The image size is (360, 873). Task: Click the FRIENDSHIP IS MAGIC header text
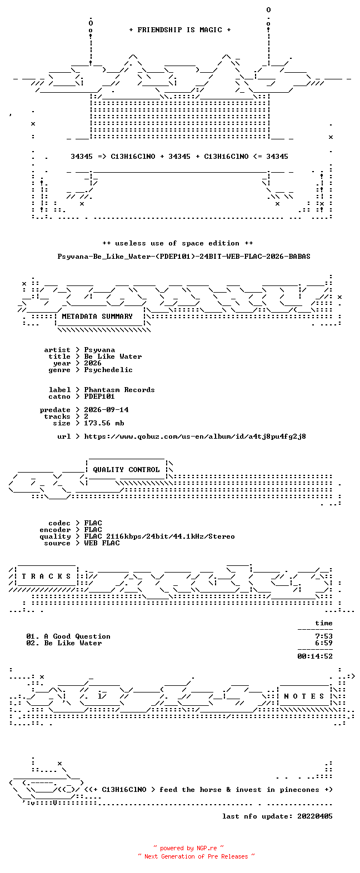coord(180,30)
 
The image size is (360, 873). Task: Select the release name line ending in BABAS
coord(184,257)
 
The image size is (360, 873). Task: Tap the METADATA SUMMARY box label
coord(97,317)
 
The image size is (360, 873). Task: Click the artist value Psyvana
coord(99,350)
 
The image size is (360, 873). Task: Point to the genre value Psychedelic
coord(108,370)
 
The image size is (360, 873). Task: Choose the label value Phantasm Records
coord(119,390)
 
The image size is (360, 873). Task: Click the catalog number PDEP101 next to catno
coord(99,397)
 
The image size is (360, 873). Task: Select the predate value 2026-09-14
coord(106,410)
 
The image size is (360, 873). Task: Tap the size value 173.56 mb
coord(104,423)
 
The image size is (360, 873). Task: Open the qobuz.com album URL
coord(195,436)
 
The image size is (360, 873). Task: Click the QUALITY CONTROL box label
coord(126,470)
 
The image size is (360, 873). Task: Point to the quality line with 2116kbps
coord(159,536)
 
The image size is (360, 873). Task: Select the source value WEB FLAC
coord(102,543)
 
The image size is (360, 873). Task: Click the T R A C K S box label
coord(46,576)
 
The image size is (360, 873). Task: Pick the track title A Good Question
coord(77,636)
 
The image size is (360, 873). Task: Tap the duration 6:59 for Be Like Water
coord(324,643)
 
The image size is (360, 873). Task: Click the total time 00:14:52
coord(315,656)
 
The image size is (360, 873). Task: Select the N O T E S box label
coord(304,696)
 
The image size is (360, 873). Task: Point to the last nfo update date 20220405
coord(315,816)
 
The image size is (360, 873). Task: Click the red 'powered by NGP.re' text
coord(189,848)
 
